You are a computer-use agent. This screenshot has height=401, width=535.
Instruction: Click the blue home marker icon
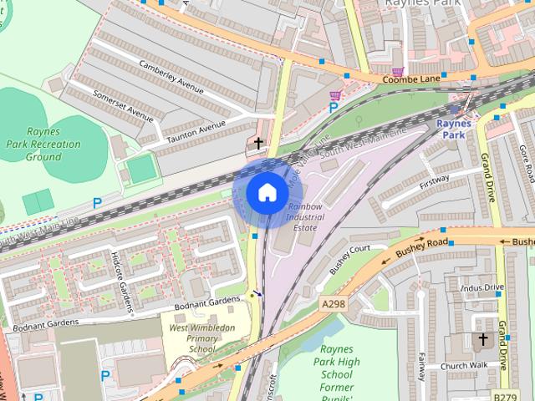pos(267,193)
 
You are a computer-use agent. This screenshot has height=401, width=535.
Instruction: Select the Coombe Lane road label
pos(411,79)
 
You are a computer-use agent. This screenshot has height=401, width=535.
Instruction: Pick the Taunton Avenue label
pos(197,131)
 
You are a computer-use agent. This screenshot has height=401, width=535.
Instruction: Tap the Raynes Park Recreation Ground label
pos(54,144)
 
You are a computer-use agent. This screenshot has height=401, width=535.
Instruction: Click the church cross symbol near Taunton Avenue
pos(259,143)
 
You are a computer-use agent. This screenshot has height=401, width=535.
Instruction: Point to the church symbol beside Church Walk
pos(482,341)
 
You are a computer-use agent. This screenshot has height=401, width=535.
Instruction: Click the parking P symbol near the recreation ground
pos(97,202)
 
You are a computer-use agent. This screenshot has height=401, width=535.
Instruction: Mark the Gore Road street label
pos(526,164)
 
